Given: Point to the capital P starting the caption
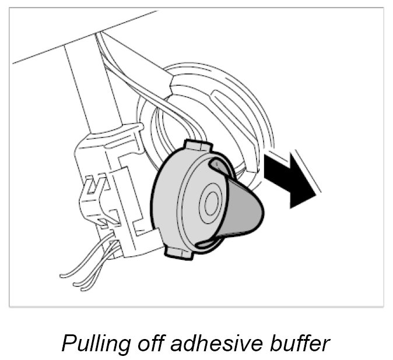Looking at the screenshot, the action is coord(69,343).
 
